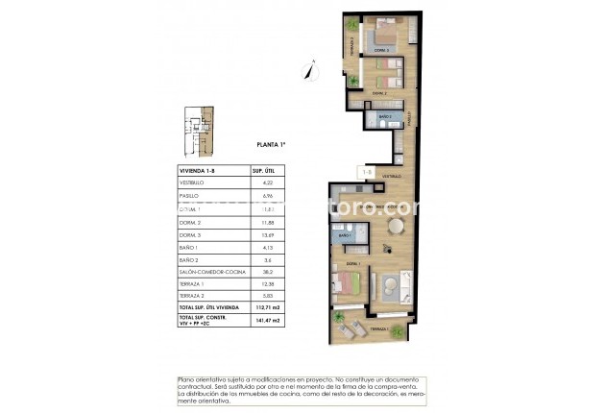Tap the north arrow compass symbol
pyautogui.click(x=309, y=69)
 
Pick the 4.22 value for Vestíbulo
pyautogui.click(x=268, y=182)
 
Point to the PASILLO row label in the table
pyautogui.click(x=190, y=195)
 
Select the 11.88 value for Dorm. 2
pyautogui.click(x=268, y=222)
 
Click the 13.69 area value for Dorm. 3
pyautogui.click(x=268, y=235)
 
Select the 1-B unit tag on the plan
pyautogui.click(x=365, y=173)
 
